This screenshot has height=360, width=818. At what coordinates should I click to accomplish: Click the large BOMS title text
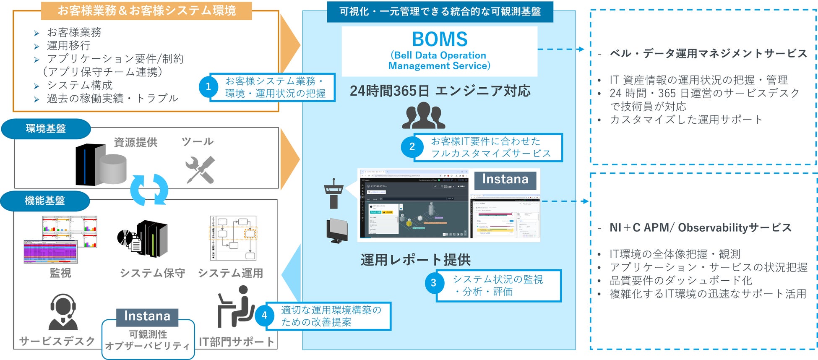click(439, 39)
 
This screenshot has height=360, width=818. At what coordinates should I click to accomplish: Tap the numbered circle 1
click(208, 87)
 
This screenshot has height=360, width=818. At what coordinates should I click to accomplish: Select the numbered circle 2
click(412, 146)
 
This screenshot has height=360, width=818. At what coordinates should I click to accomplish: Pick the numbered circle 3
click(433, 283)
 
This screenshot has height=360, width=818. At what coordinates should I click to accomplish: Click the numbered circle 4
click(264, 315)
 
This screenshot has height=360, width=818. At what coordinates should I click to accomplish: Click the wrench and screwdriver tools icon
click(200, 170)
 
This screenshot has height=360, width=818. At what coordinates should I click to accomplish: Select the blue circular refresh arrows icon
click(149, 190)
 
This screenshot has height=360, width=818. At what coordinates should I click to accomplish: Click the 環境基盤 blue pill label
click(46, 128)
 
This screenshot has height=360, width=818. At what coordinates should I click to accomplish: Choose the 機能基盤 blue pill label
click(45, 201)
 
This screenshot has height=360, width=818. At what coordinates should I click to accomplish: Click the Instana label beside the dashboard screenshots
click(505, 180)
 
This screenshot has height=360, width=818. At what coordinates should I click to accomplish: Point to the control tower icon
click(333, 193)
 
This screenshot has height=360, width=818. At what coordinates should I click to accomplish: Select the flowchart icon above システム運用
click(233, 238)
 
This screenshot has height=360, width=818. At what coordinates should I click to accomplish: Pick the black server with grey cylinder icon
click(101, 164)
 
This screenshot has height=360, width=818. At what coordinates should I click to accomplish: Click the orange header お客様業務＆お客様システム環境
click(146, 10)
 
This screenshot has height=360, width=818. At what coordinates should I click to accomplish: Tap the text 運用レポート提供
click(415, 260)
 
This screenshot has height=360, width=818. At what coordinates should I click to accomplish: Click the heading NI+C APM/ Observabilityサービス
click(701, 228)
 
